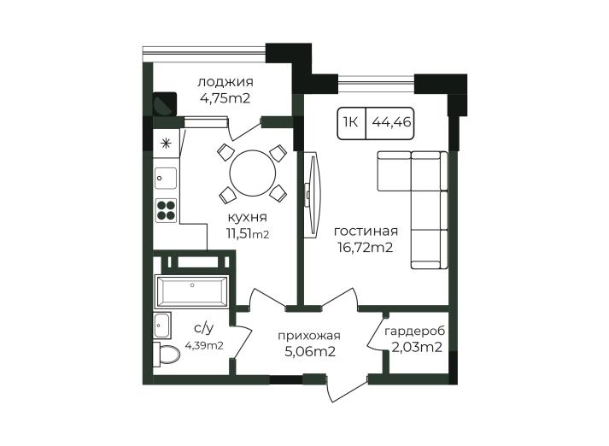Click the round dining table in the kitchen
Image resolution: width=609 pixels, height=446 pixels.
coord(253,173)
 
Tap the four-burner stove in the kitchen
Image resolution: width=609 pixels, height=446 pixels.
coord(167,210)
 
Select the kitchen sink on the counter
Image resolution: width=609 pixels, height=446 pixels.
coord(166,178)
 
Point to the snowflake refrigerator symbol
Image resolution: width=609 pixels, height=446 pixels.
coord(167,144)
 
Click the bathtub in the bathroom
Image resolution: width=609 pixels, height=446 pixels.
coord(191,291)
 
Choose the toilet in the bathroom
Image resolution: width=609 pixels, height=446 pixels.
coord(167,354)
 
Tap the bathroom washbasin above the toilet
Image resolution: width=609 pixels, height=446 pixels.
coord(162,326)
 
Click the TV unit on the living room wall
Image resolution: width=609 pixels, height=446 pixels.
coord(313,194)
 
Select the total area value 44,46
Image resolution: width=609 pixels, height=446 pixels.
coord(391,122)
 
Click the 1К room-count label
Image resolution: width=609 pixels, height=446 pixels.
coord(350,122)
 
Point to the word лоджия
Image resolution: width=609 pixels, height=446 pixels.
coord(225,82)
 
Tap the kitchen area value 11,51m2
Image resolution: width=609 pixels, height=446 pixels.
coord(248,233)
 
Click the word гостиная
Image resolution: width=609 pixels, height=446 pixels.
coord(366,231)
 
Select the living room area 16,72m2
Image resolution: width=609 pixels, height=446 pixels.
coord(365,247)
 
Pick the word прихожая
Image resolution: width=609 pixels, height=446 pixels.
coord(309,336)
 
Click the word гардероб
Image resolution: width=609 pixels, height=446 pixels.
coord(414,332)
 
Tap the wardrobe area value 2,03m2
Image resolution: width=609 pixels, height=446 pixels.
coord(417,347)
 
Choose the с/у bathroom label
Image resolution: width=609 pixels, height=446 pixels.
coord(203,329)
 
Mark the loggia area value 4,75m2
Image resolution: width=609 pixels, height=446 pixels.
coord(225,98)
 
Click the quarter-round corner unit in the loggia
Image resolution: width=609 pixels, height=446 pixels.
coord(165,103)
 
